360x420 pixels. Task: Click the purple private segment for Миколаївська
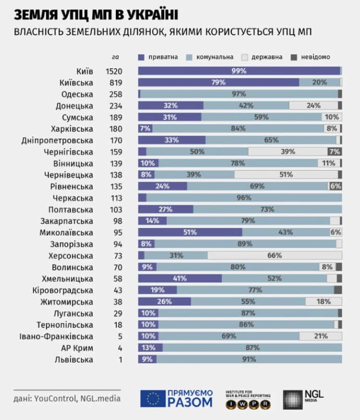click(x=190, y=232)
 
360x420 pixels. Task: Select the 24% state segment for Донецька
click(x=313, y=105)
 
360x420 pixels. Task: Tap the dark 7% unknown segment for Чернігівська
click(x=334, y=151)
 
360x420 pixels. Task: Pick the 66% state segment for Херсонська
click(x=274, y=255)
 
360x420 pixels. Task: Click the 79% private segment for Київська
click(x=219, y=82)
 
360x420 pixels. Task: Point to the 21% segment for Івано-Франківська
click(x=320, y=336)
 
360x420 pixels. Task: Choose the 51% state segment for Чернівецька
click(x=285, y=175)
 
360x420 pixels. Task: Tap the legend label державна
click(x=268, y=57)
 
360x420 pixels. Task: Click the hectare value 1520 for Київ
click(x=114, y=71)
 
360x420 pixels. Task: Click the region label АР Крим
click(x=78, y=347)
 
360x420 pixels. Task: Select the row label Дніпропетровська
click(x=57, y=140)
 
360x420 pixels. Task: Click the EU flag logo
click(x=152, y=399)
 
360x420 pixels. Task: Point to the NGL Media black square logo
click(x=292, y=400)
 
